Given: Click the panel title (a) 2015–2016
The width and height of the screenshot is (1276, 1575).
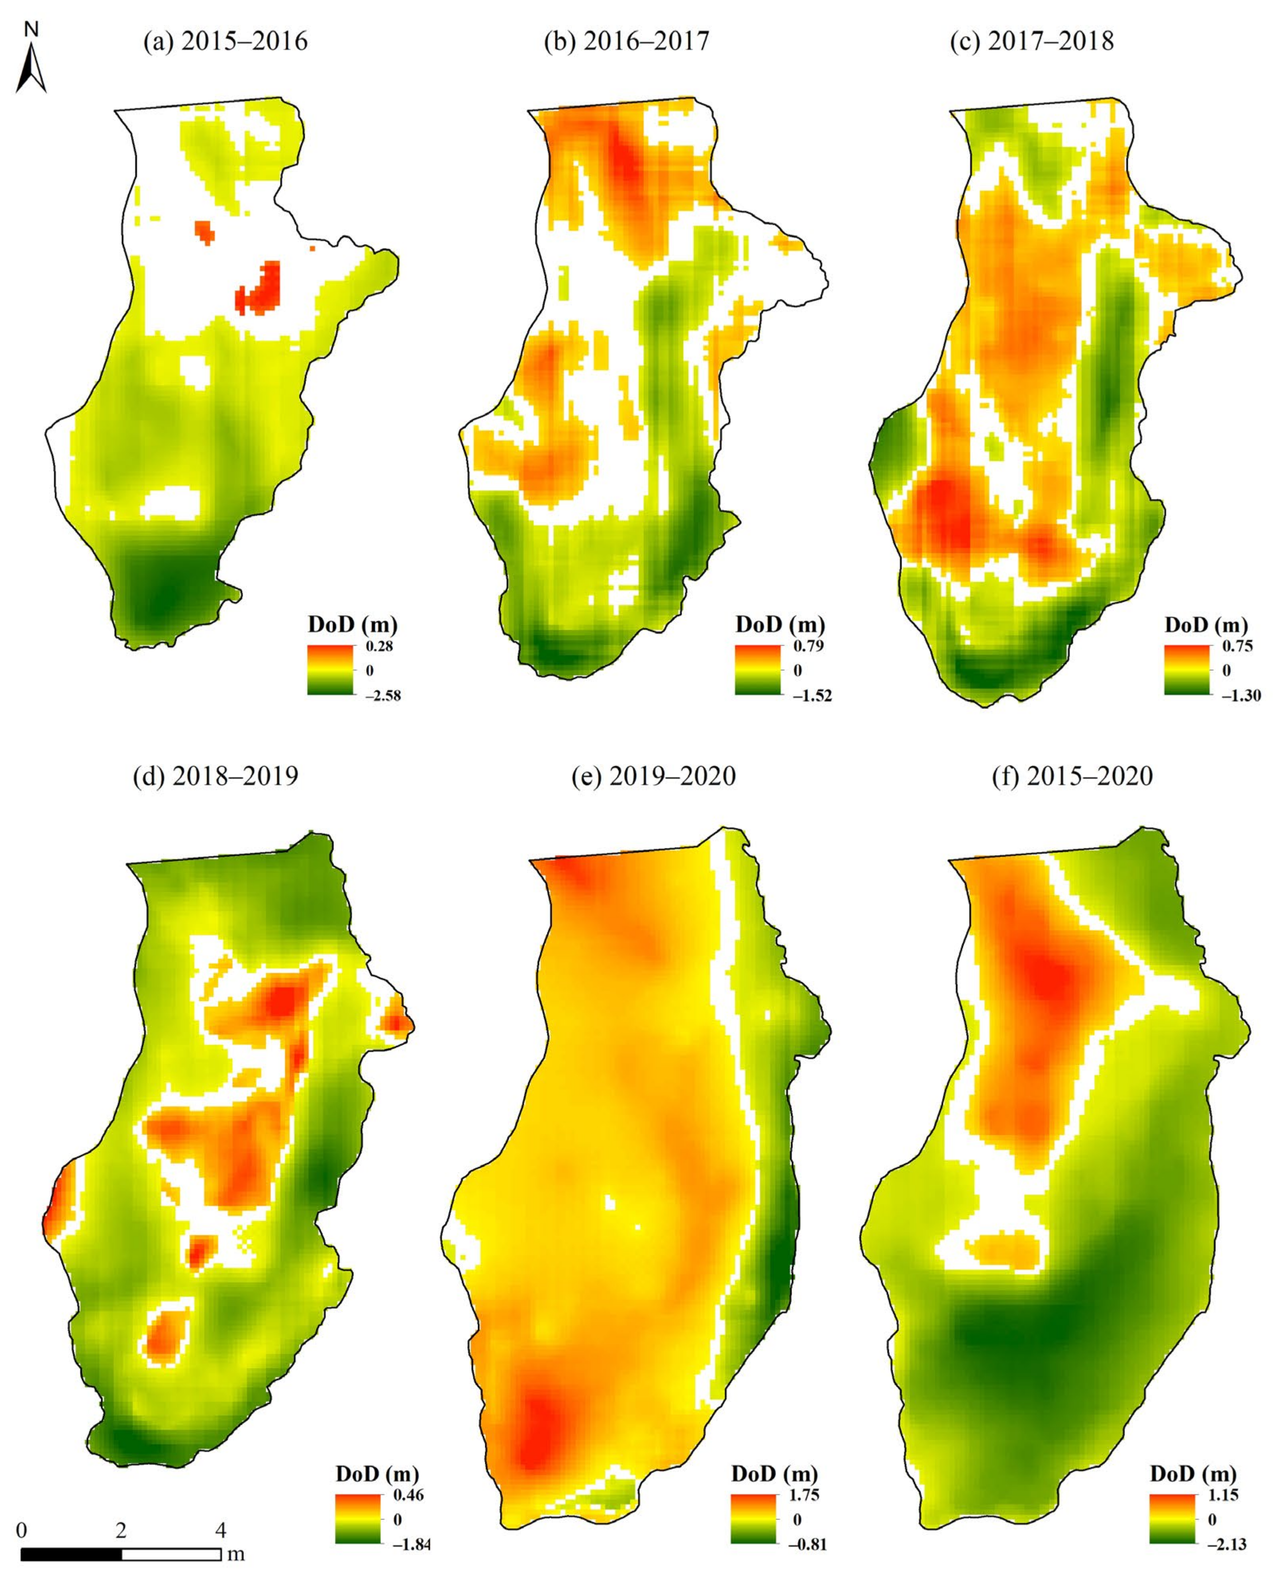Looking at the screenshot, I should coord(225,41).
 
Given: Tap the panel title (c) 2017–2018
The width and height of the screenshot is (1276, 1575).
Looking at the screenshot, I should coord(1031,41).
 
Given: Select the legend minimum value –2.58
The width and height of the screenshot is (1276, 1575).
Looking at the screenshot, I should coord(383,695).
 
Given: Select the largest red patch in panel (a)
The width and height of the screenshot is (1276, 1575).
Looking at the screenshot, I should coord(259,289).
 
